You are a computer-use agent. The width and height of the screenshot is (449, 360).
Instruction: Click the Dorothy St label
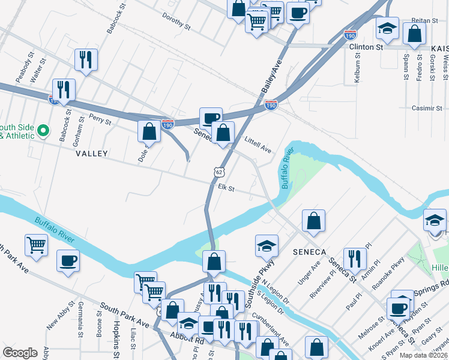[176, 23]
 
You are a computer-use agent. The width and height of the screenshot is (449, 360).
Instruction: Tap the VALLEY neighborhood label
[92, 154]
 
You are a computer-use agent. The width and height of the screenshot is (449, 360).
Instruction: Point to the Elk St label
[226, 188]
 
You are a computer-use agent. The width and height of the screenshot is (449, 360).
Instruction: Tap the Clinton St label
[370, 46]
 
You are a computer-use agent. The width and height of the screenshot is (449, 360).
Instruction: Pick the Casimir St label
[427, 108]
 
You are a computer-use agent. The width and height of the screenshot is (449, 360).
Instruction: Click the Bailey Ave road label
[271, 76]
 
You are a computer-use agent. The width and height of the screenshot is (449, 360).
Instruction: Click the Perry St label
[100, 119]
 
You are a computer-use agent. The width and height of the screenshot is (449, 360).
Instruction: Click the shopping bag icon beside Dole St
[149, 131]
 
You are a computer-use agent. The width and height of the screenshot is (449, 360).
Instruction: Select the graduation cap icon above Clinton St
[387, 28]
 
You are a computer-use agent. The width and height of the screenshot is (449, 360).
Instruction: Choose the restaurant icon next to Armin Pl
[355, 258]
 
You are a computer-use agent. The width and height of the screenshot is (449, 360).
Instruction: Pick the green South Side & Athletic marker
[43, 130]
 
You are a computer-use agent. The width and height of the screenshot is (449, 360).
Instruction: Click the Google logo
[20, 353]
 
